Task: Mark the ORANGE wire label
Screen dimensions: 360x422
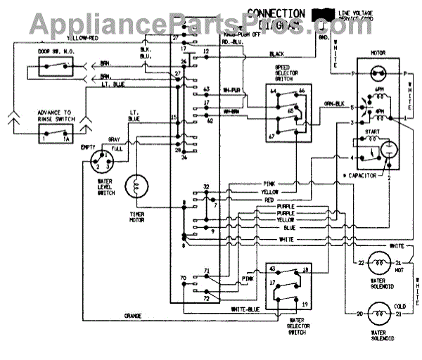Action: click(134, 316)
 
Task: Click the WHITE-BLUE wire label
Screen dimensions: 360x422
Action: click(246, 309)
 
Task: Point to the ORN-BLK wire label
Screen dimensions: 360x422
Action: click(333, 105)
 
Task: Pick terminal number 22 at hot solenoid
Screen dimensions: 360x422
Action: click(362, 263)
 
